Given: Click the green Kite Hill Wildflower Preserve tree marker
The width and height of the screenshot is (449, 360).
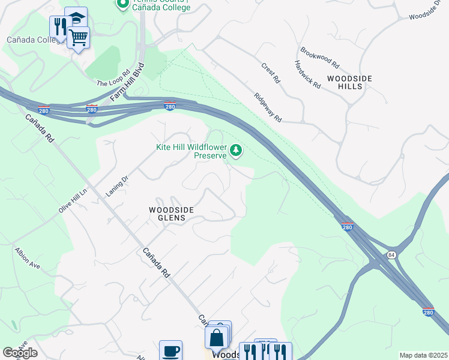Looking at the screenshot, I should [236, 150].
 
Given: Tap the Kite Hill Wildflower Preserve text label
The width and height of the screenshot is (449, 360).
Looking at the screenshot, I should [191, 151].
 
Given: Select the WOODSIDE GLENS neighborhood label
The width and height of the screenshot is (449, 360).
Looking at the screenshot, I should [172, 214].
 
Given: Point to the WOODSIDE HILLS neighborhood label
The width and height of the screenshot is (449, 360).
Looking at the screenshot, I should [349, 83].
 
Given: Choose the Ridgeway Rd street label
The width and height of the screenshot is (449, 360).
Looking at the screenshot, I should [268, 107].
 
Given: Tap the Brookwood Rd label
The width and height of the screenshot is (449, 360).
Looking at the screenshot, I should [320, 58].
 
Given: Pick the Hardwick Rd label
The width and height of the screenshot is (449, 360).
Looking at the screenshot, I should [307, 74].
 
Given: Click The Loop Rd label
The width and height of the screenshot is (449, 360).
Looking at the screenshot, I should [114, 79].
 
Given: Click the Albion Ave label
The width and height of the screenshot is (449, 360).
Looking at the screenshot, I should [28, 257].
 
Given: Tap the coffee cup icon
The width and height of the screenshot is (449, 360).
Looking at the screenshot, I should [170, 350].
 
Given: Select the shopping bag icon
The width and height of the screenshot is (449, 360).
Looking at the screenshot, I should [217, 337].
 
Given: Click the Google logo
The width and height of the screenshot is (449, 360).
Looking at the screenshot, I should [20, 353].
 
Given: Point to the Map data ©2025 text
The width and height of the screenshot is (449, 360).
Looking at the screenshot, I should [423, 355].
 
